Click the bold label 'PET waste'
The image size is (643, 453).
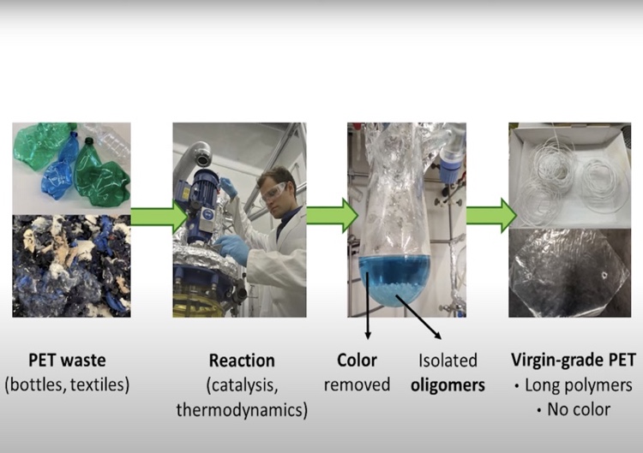67,361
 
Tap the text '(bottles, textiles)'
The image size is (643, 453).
67,385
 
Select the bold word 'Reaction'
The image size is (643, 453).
242,361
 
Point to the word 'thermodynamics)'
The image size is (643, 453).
242,409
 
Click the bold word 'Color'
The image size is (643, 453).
357,361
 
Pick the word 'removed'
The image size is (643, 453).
357,385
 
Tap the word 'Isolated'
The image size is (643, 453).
448,361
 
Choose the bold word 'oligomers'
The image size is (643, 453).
448,385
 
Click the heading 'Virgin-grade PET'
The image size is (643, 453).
574,361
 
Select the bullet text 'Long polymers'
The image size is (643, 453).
578,385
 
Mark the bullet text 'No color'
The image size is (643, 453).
579,409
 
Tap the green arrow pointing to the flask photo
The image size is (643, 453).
333,216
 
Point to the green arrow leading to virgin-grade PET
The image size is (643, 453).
492,216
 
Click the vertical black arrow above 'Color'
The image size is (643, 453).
368,305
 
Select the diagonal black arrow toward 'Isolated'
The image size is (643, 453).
418,317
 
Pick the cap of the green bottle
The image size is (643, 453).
89,141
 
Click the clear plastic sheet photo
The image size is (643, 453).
569,273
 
